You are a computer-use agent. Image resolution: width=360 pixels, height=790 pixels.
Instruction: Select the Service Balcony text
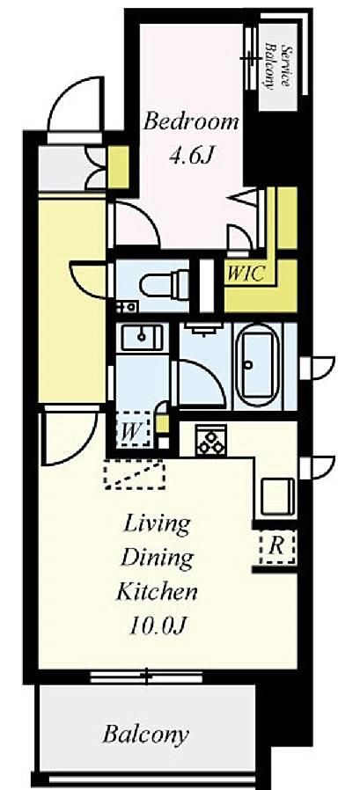278,67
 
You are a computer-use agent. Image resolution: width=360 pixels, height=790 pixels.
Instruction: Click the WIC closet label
245,274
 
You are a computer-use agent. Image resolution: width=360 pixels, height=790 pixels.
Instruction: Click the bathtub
257,363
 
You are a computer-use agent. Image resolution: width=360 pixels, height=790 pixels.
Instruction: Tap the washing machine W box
133,429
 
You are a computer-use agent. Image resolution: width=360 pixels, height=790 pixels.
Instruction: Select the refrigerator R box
276,546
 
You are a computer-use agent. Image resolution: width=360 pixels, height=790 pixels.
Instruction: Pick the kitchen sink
278,496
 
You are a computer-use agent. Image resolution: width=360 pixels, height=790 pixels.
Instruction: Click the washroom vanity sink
142,338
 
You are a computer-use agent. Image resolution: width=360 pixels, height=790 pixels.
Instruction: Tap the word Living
157,525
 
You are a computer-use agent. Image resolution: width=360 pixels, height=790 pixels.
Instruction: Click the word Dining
158,559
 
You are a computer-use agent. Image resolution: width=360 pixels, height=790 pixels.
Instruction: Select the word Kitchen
157,591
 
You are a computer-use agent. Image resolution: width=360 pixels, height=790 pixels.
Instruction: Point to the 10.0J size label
158,625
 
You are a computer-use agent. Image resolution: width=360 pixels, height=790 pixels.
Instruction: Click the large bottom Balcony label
146,734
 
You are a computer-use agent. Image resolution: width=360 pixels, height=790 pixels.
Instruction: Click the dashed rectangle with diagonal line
134,473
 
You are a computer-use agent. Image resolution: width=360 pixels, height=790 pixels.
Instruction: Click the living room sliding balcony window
146,677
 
